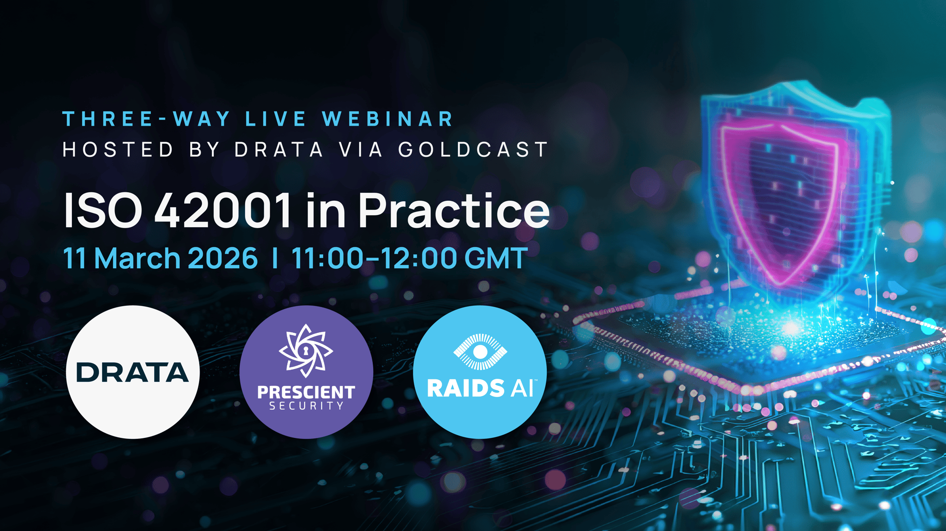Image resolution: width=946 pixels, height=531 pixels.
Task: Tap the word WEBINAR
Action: (x=388, y=119)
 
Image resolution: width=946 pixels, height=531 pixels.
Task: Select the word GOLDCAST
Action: (x=473, y=150)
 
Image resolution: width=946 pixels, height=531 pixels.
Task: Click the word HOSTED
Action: (x=118, y=150)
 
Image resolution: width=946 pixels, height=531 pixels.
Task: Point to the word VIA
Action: (x=361, y=150)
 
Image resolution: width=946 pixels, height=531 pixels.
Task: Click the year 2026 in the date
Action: (x=223, y=258)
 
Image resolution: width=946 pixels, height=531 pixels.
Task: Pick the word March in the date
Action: (x=137, y=258)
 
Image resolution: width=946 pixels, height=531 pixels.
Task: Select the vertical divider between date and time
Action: (x=275, y=258)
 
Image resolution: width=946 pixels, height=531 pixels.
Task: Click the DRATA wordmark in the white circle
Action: (x=132, y=372)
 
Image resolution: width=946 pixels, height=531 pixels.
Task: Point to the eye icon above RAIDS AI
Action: (x=480, y=351)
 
